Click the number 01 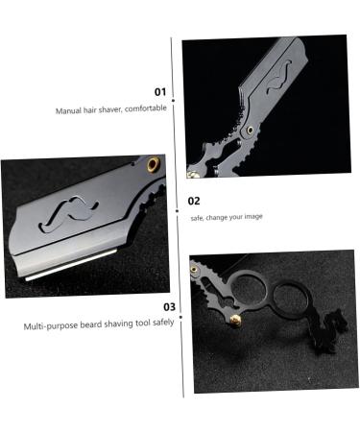pos(159,92)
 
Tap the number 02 pos(193,201)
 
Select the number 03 pos(168,307)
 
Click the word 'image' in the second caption pos(251,217)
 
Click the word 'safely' pos(161,324)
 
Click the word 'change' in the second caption pos(220,217)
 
